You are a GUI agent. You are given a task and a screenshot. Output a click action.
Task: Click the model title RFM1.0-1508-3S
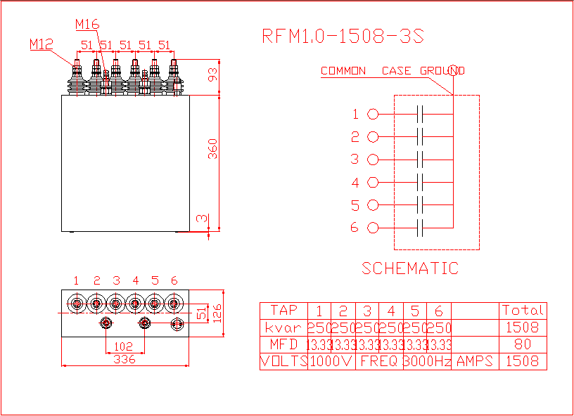(343, 37)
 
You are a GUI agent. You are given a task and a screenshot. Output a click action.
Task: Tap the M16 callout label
(87, 24)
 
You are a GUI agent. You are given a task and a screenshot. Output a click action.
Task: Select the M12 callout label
(42, 44)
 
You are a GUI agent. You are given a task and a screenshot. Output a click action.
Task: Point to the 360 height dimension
(212, 149)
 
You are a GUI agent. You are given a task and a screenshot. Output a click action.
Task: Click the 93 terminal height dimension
(212, 74)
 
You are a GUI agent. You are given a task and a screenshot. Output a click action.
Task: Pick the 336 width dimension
(125, 359)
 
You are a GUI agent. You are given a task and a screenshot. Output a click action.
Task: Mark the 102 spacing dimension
(123, 346)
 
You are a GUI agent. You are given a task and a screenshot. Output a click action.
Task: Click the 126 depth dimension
(217, 313)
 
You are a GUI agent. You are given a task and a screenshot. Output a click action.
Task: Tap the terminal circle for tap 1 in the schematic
(373, 114)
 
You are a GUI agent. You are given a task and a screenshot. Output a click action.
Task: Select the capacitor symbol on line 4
(420, 182)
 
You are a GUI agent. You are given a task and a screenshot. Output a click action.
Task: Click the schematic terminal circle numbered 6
(373, 228)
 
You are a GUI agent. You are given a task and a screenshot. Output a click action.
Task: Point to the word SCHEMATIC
(410, 268)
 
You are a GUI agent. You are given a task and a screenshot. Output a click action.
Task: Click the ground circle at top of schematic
(453, 70)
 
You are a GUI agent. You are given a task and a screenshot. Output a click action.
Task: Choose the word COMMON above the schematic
(343, 70)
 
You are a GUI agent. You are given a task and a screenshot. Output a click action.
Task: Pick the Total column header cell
(523, 311)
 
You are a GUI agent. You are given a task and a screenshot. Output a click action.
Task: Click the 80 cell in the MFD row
(523, 344)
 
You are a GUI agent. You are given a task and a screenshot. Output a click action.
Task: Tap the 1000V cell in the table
(331, 361)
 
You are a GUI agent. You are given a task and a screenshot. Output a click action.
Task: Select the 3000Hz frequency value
(427, 361)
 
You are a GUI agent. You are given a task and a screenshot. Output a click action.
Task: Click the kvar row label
(283, 328)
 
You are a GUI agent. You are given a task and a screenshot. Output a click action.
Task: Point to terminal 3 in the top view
(115, 304)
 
